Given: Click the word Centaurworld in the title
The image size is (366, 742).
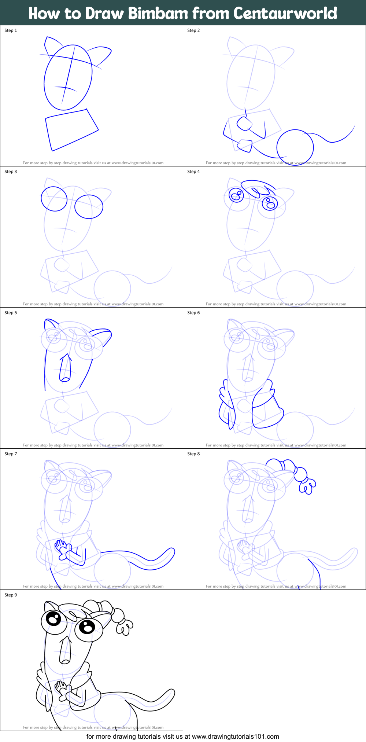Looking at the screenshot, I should tap(285, 13).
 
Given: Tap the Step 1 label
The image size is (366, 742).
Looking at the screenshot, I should tap(11, 30).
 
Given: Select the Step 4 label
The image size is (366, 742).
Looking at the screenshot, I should tap(193, 172).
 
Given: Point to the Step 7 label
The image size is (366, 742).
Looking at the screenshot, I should tap(11, 454).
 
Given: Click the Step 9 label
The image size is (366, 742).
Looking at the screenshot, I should tap(11, 595).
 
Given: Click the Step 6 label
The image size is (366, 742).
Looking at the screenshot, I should tap(193, 313).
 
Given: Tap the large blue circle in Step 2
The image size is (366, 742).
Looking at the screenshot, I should tap(295, 147).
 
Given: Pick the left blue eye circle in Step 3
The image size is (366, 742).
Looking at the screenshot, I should tap(54, 199).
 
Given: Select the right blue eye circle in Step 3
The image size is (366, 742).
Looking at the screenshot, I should tap(89, 206).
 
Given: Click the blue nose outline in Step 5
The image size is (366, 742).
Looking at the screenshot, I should tap(65, 369).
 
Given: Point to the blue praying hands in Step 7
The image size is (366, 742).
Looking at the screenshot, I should tap(61, 547).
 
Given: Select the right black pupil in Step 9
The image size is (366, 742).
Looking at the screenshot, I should tap(87, 627).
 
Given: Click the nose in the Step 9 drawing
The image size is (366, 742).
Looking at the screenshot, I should tap(65, 651).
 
